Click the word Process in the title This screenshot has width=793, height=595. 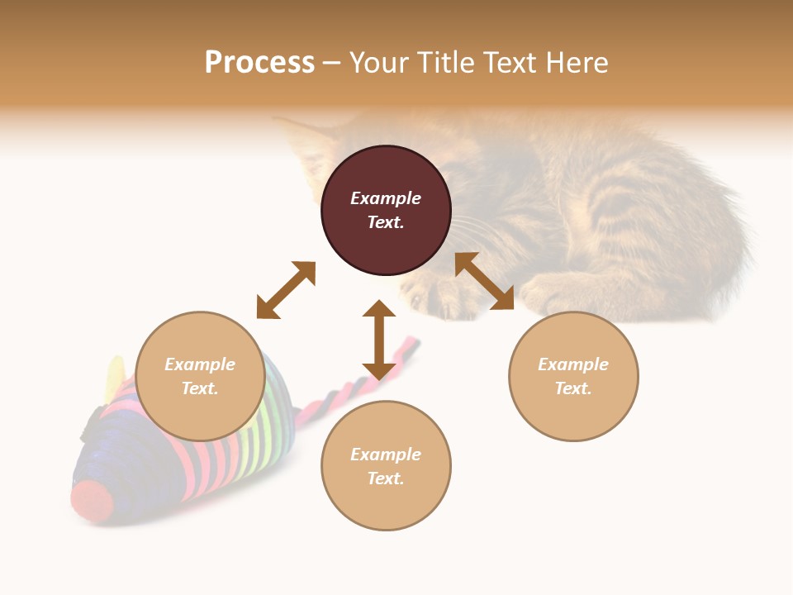(x=259, y=63)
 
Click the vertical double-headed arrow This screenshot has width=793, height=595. (x=379, y=340)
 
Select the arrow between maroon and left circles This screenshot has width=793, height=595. (x=286, y=290)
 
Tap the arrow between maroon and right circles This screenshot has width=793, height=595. (x=484, y=281)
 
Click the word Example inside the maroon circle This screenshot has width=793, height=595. (x=386, y=198)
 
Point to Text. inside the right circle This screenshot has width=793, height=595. (x=573, y=388)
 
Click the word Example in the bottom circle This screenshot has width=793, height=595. (x=386, y=455)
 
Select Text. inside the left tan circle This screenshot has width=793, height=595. (x=200, y=388)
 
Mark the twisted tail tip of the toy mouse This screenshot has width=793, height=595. (x=410, y=342)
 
